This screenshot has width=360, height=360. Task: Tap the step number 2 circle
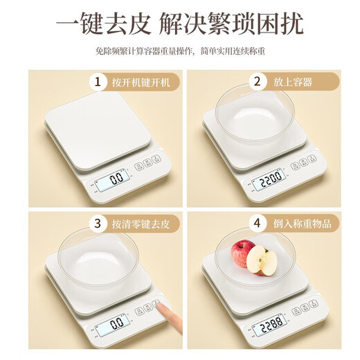pyautogui.click(x=258, y=82)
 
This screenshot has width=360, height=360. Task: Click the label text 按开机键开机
pyautogui.click(x=146, y=82)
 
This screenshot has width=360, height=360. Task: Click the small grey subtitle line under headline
pyautogui.click(x=180, y=52)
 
